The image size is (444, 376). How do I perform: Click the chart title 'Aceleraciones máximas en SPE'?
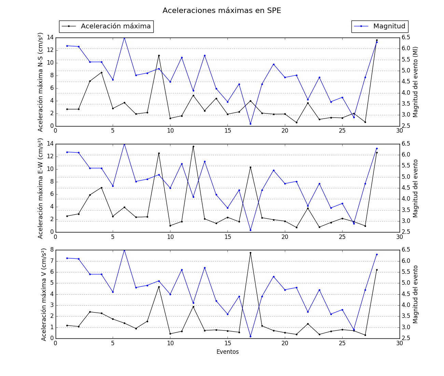coord(222,11)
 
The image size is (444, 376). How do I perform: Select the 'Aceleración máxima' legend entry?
coord(115,26)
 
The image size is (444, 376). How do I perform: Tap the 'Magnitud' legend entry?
coord(389,26)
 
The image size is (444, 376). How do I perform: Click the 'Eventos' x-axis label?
coord(227,352)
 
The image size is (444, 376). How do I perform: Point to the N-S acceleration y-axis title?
coord(41,82)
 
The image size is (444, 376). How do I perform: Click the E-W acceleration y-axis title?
coord(41,188)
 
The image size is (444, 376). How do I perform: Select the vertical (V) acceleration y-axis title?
coord(44,294)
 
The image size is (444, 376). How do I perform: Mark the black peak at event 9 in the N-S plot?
coord(159,55)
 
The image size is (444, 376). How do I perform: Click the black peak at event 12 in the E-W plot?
coord(193,146)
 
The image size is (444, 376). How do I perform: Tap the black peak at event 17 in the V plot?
coord(250,253)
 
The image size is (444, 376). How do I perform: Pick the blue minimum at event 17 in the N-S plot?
coord(250,124)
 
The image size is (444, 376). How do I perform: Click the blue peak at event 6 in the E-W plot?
coord(124,144)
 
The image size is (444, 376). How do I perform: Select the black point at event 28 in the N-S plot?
coord(377,40)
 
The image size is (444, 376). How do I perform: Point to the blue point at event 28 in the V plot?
coord(377,254)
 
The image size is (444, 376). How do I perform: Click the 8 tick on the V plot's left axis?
coord(52,250)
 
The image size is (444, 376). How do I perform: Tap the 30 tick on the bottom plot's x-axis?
coord(400,343)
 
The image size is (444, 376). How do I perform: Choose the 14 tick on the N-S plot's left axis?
coord(50,38)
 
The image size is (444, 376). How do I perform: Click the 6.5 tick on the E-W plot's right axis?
coord(406,144)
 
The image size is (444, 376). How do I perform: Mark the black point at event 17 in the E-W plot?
coord(250,167)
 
